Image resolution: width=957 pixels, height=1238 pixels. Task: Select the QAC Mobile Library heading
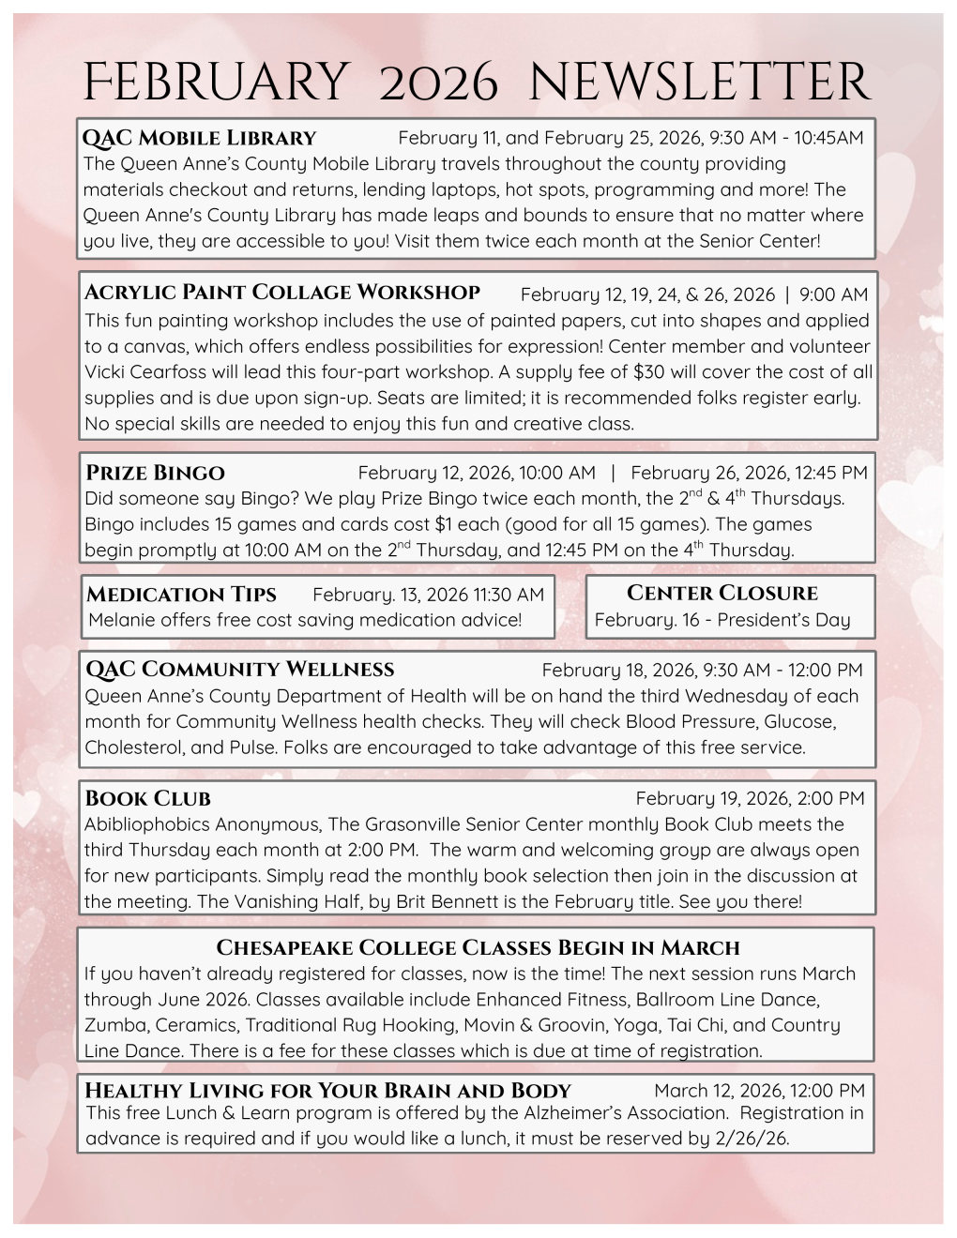pos(200,138)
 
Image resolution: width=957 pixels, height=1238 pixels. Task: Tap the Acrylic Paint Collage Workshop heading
pos(282,293)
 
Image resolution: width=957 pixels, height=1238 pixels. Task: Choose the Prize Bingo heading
pos(156,473)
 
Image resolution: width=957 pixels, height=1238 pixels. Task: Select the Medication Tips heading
pos(181,595)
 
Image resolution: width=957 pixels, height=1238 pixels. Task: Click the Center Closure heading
pos(722,593)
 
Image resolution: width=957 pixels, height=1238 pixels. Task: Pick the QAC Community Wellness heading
pos(240,670)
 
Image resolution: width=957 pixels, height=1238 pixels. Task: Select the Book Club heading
pos(148,799)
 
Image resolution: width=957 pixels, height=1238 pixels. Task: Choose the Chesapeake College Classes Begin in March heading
pos(478,947)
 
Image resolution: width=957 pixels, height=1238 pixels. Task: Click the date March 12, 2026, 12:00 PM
pos(759,1090)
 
